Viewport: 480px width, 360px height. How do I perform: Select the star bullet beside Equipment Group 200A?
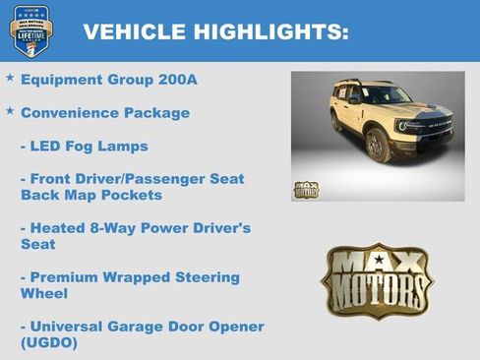tap(10, 77)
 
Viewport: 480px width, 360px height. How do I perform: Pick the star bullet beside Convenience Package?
tap(10, 110)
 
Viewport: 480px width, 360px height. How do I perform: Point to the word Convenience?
tap(70, 112)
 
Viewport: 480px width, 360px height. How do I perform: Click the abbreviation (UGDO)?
tap(49, 342)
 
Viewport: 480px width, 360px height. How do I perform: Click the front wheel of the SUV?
tap(377, 146)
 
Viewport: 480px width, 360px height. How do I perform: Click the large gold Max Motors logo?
tap(377, 280)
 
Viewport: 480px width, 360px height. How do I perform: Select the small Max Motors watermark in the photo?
tap(306, 189)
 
